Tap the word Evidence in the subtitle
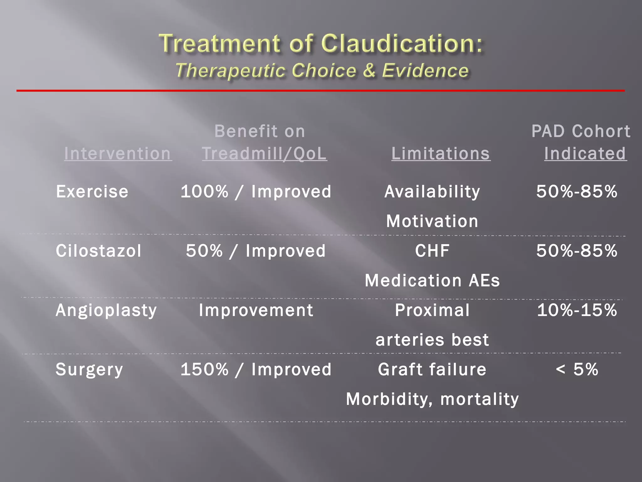coord(425,70)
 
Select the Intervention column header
coord(118,153)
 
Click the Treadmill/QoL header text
coord(264,153)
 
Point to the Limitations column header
coord(441,153)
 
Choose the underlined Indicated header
coord(585,153)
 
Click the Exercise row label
coord(92,191)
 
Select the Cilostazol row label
coord(98,251)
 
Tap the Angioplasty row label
coord(106,310)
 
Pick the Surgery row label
coord(89,369)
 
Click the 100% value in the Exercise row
coord(204,191)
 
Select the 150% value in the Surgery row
coord(204,369)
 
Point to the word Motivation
coord(432,221)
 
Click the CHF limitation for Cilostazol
coord(432,251)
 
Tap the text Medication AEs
coord(432,280)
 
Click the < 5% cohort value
coord(577,369)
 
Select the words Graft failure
coord(432,369)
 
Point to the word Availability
coord(432,191)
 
